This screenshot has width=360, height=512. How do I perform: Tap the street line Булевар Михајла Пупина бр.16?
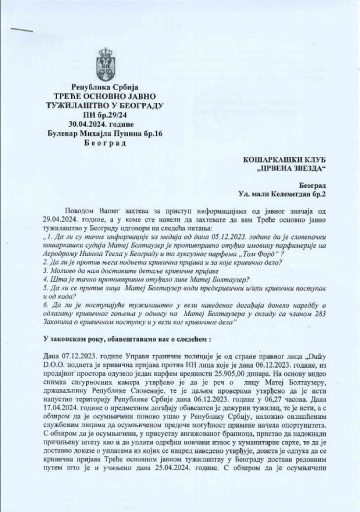pos(105,133)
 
